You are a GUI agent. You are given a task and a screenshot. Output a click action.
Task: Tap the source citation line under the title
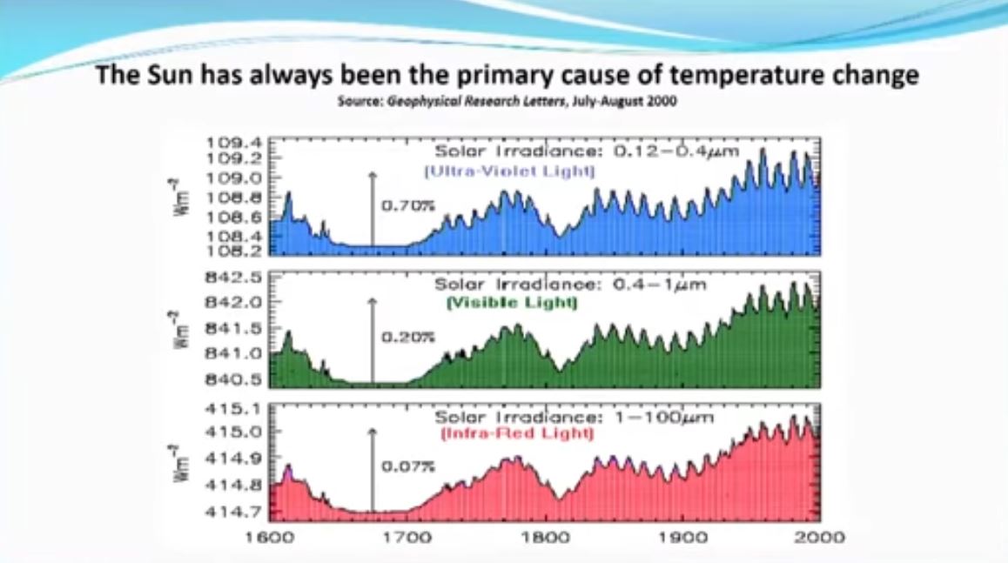tap(507, 101)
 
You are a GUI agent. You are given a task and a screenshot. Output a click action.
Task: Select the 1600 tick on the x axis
tap(270, 537)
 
